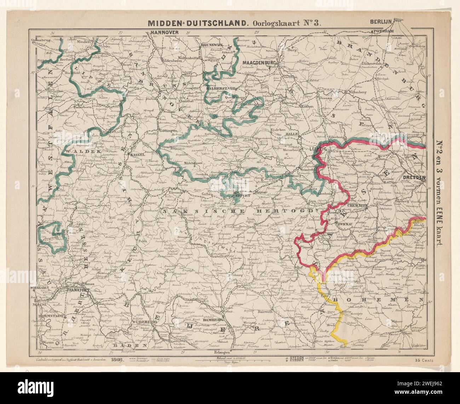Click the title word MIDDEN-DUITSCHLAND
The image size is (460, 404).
point(197,23)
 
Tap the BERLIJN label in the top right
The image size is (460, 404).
point(381,21)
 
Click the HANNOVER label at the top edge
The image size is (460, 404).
point(165,32)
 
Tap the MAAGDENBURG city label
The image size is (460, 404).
point(259,62)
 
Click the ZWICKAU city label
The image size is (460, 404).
point(346,224)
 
